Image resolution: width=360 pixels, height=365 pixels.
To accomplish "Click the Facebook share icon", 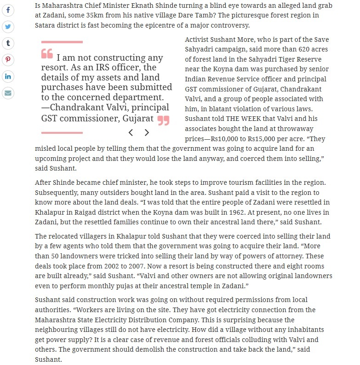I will point(8,10).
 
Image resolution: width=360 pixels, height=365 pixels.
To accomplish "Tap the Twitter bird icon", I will point(8,26).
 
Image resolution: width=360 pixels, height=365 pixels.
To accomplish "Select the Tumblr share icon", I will point(8,43).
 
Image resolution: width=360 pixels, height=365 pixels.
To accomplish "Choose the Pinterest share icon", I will point(8,60).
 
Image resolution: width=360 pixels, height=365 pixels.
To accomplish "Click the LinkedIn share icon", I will point(8,76).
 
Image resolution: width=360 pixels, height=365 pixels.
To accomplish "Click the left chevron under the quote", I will point(131,133).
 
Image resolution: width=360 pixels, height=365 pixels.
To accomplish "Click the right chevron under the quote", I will point(147,133).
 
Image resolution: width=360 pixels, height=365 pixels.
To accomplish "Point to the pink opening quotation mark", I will point(47,54).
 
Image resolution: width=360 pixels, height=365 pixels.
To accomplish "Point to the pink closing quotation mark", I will point(163,120).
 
